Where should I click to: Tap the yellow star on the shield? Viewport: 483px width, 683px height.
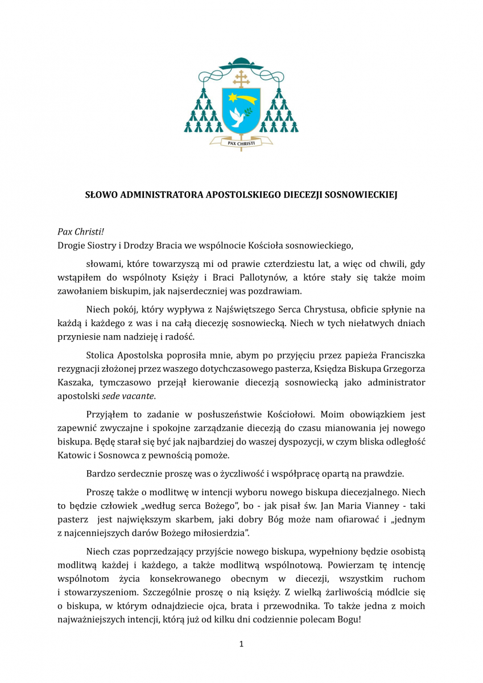click(x=234, y=97)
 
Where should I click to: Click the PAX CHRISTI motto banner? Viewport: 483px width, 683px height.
click(x=241, y=143)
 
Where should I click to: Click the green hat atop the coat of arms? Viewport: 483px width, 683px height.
click(x=241, y=63)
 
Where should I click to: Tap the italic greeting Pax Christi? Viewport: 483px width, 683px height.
click(x=81, y=232)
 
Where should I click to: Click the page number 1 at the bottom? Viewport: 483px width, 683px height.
click(x=241, y=644)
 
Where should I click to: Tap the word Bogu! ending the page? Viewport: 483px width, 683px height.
click(x=349, y=619)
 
